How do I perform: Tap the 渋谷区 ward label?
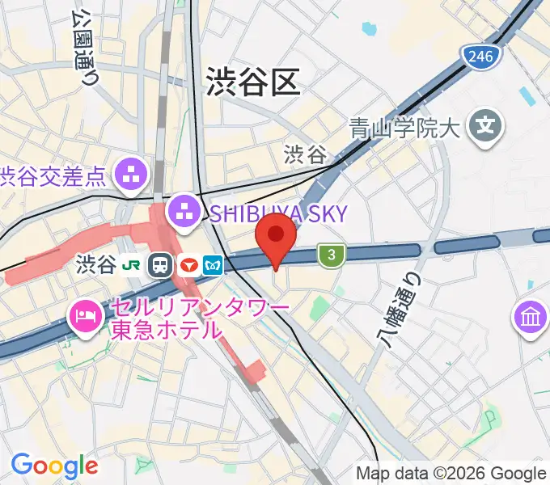pos(253,81)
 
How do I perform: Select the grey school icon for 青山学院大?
pos(487,126)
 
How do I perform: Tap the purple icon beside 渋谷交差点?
pos(132,171)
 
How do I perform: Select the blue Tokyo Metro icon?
pos(213,265)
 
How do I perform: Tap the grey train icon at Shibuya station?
pos(161,265)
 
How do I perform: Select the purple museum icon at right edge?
pos(531,318)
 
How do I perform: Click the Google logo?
pos(54,466)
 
